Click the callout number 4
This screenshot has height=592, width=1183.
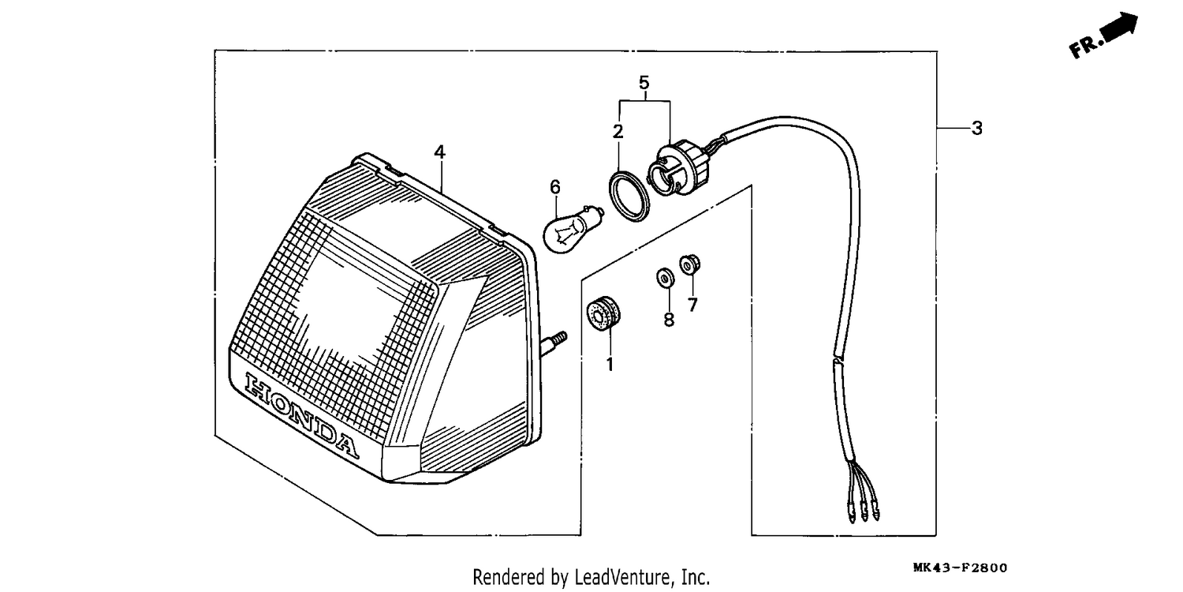[x=439, y=153]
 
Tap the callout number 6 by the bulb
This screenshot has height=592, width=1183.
[x=554, y=187]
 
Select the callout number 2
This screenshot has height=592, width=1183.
[x=618, y=132]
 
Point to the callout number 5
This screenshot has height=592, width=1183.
[x=644, y=82]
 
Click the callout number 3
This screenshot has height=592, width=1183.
[x=977, y=129]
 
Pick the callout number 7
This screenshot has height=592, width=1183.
[x=692, y=305]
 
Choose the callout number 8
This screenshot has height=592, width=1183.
[x=669, y=320]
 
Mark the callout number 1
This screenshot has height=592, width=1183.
[x=610, y=365]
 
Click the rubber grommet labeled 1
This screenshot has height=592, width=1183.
[x=603, y=314]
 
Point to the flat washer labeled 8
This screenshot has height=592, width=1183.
[x=665, y=278]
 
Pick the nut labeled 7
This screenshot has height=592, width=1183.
[x=690, y=264]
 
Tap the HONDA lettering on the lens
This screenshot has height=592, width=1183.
[x=301, y=415]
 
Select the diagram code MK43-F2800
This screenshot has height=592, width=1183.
[x=960, y=568]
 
